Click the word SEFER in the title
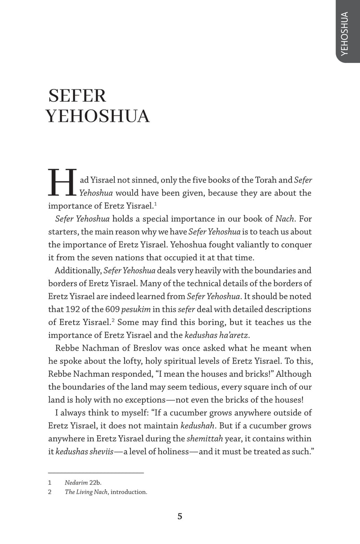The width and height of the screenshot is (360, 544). coord(77,96)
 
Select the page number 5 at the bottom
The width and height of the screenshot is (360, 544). coord(180,516)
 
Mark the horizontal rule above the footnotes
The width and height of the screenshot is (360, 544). coord(96,473)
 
